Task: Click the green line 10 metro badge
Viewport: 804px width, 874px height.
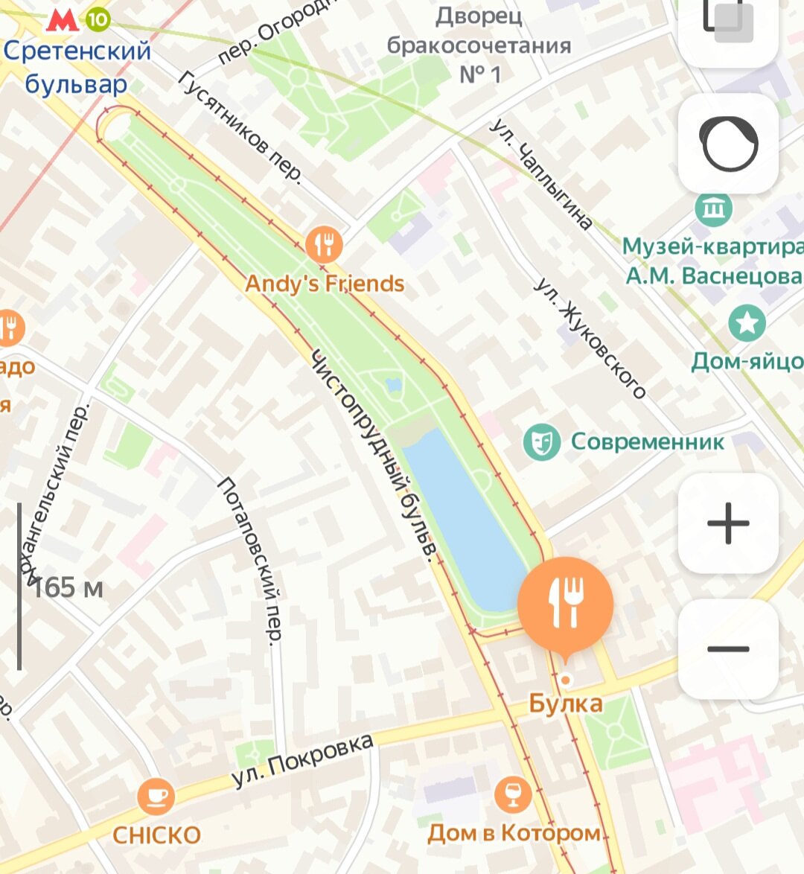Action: (97, 19)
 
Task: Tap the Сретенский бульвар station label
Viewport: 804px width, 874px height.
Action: (77, 67)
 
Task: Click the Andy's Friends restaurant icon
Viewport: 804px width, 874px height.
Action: (324, 244)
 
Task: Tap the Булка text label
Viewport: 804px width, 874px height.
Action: (566, 704)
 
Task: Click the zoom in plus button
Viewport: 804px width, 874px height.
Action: (728, 523)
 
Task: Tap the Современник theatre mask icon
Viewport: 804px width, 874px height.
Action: (541, 442)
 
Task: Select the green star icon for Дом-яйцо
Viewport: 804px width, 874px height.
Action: (747, 323)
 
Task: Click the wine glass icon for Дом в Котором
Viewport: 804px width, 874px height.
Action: (513, 794)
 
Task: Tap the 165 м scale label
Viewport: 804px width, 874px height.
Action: (67, 588)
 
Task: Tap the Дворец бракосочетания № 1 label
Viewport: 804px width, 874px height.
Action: (479, 45)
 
